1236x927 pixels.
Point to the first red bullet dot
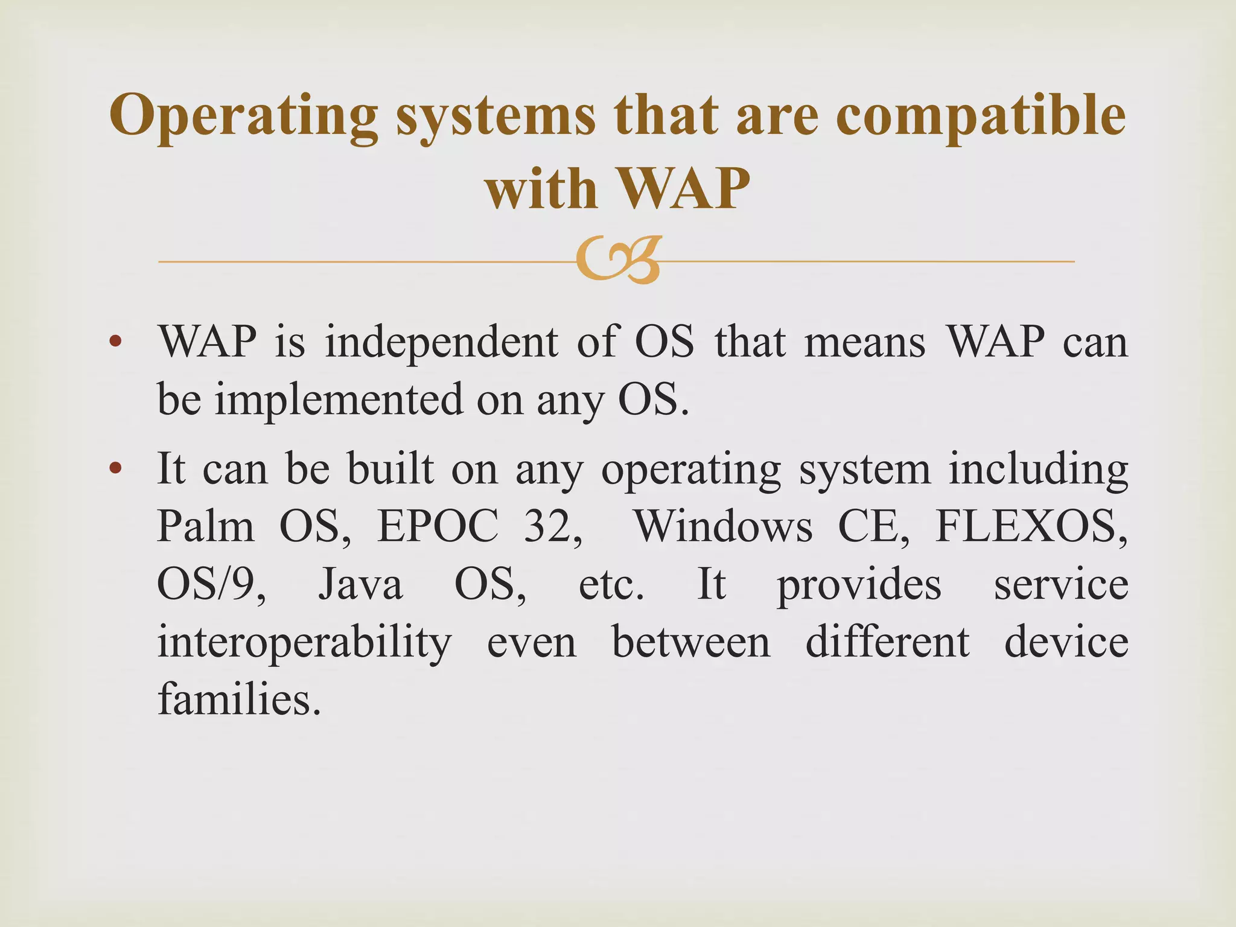115,342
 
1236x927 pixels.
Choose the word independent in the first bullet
442,342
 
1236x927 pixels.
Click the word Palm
206,526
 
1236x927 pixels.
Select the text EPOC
438,526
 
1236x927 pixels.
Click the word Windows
724,526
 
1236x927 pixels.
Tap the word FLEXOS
1030,526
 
